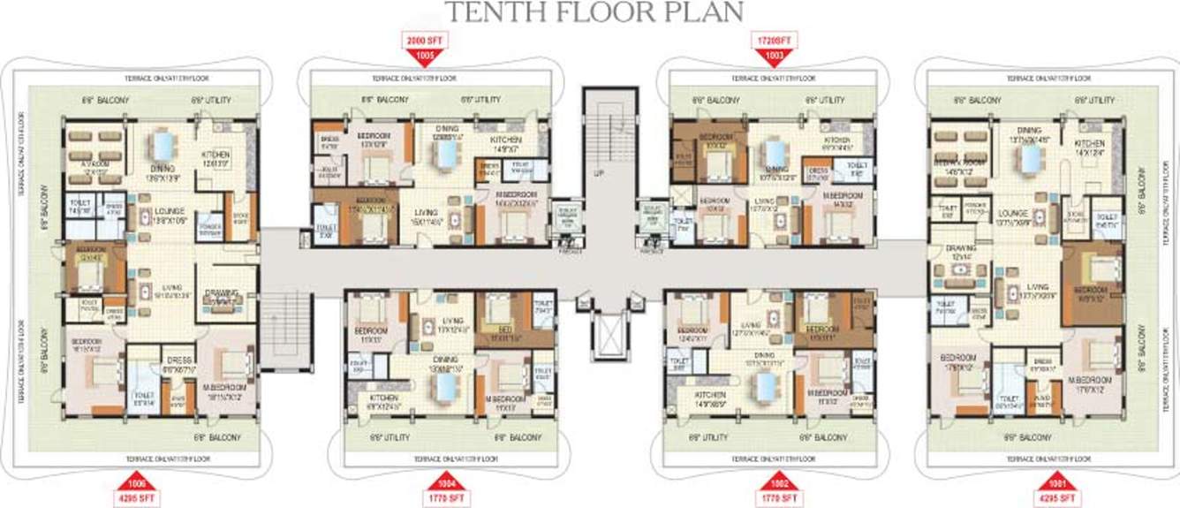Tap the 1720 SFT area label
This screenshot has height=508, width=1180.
pyautogui.click(x=775, y=41)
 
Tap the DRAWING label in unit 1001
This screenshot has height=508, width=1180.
pyautogui.click(x=962, y=250)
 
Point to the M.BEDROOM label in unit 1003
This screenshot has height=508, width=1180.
pyautogui.click(x=838, y=194)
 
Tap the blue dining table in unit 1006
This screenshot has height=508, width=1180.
pyautogui.click(x=162, y=144)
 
